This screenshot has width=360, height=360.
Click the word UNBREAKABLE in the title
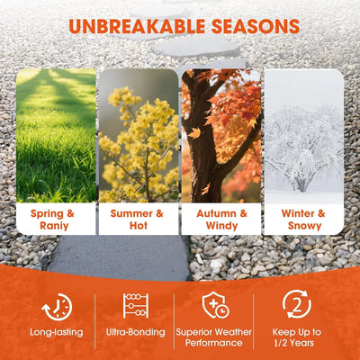pos(137,26)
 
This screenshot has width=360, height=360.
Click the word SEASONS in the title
pos(256,26)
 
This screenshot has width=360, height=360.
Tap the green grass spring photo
pos(56,136)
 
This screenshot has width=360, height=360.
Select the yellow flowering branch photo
pos(139,136)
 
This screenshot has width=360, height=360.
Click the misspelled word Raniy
pos(54,226)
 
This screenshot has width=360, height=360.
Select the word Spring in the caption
pos(47,214)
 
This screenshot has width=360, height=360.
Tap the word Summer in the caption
pos(131,213)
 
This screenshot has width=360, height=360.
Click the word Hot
pos(139,226)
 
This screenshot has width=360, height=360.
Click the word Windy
pos(221,226)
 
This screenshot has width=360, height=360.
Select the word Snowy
pos(304,226)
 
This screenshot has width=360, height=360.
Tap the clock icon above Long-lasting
pos(57,307)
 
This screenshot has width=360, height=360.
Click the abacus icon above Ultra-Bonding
pos(136,306)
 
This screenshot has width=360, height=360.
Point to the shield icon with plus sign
pos(215,305)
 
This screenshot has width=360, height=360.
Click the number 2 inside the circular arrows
pos(297,306)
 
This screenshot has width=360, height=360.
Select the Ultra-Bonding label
pos(136,332)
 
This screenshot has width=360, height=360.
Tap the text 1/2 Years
pos(294,343)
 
